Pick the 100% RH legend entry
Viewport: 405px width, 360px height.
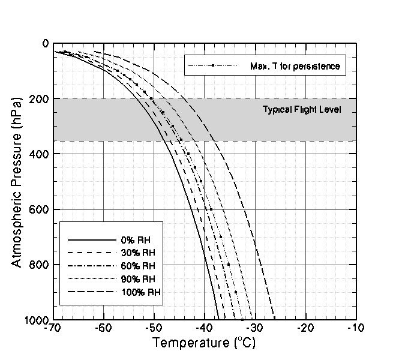(140, 292)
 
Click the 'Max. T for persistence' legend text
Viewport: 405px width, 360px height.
(295, 66)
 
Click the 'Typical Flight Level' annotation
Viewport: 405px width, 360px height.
(302, 110)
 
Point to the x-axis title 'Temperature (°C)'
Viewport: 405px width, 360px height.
(200, 344)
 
